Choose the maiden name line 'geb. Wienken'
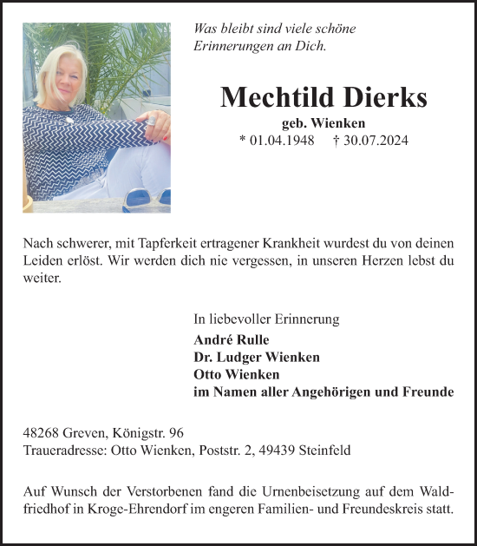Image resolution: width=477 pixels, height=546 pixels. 323,122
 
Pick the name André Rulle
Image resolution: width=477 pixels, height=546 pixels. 232,339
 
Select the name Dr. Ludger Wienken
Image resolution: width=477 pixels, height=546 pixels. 257,357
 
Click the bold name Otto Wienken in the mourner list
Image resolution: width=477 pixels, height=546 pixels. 237,374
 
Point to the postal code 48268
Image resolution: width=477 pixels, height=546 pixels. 41,433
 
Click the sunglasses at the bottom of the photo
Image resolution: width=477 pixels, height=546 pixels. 144,201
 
